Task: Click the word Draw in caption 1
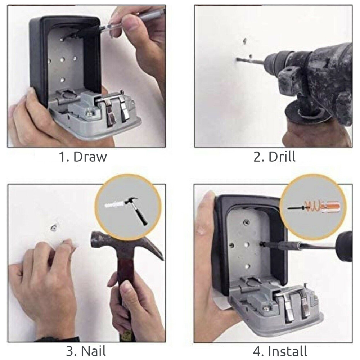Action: [x=90, y=157]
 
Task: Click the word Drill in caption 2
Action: [x=282, y=157]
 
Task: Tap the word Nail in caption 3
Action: [x=94, y=351]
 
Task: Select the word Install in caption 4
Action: [x=287, y=351]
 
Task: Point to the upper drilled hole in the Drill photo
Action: [x=245, y=41]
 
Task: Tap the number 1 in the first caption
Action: [x=62, y=157]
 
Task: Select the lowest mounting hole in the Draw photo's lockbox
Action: [x=62, y=80]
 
